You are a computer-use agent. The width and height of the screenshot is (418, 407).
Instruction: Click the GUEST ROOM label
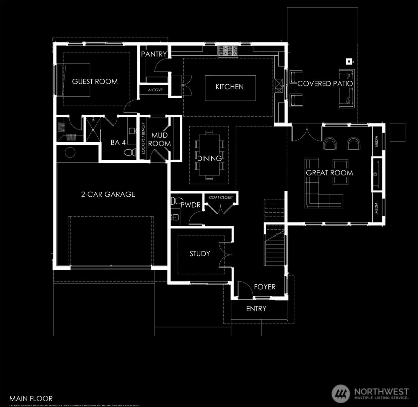click(x=95, y=81)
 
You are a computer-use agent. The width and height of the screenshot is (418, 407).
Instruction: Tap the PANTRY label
click(x=154, y=54)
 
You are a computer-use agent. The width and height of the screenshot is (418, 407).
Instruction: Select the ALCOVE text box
click(x=155, y=90)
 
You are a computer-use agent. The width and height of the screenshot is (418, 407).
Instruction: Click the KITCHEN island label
click(x=230, y=87)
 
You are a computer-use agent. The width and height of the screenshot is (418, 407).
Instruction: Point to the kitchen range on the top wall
click(x=228, y=51)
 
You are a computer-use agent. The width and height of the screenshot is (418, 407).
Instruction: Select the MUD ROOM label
click(x=159, y=139)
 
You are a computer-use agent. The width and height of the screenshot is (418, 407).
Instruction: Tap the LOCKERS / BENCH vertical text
click(x=143, y=138)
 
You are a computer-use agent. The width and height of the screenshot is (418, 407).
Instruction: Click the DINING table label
click(x=209, y=158)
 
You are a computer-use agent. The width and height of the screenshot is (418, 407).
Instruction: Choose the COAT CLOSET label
click(x=221, y=197)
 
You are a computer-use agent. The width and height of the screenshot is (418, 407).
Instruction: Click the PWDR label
click(x=190, y=205)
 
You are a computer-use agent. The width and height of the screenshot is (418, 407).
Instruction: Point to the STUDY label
click(x=200, y=254)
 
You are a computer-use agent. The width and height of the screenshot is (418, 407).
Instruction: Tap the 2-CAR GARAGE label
click(x=108, y=194)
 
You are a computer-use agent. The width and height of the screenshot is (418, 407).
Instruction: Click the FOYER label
click(x=265, y=287)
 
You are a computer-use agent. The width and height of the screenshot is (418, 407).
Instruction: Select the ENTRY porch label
click(x=256, y=309)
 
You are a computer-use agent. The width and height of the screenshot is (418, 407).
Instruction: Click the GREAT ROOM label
click(x=329, y=173)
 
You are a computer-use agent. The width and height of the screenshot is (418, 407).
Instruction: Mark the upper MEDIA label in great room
click(x=376, y=141)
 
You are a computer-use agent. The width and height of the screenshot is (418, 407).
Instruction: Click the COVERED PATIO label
click(x=325, y=84)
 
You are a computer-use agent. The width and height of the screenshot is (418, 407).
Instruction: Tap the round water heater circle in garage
click(x=70, y=153)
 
